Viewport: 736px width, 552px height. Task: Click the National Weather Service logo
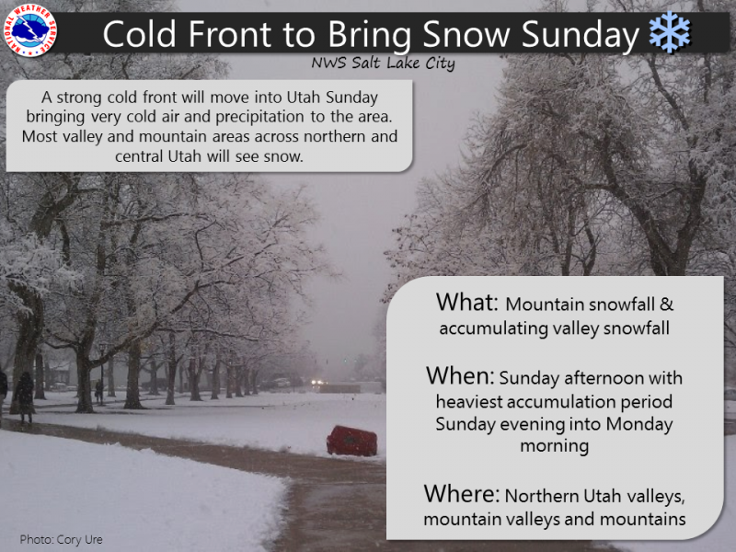click(30, 29)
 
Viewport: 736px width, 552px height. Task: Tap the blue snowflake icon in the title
click(670, 32)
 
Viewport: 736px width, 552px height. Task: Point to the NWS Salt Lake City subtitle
click(383, 63)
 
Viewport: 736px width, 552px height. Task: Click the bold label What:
click(466, 302)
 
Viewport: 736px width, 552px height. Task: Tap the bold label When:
click(460, 375)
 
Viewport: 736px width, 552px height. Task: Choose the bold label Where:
click(462, 494)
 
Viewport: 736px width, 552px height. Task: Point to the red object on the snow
click(352, 441)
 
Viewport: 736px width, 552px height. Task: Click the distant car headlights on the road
click(318, 382)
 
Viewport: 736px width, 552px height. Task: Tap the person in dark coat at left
click(25, 396)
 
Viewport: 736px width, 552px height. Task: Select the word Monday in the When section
click(638, 424)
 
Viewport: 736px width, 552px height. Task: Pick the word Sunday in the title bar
click(581, 35)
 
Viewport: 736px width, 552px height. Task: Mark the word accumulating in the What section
click(493, 328)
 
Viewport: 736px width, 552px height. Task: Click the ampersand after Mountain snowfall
click(666, 305)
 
